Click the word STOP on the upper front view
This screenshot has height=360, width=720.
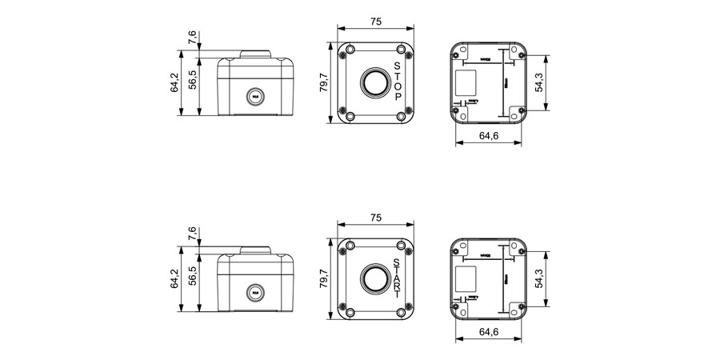[x=398, y=81]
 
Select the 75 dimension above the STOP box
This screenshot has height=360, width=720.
[x=376, y=22]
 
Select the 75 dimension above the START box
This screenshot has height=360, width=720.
[x=376, y=218]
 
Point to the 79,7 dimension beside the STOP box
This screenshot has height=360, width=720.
[x=324, y=82]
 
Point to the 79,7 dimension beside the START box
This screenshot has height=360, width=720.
[x=324, y=278]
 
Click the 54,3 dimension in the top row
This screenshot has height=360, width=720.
[x=540, y=82]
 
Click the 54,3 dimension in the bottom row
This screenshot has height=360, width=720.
[x=540, y=278]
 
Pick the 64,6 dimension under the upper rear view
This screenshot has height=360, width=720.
[x=489, y=136]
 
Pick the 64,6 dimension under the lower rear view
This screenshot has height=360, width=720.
[x=489, y=332]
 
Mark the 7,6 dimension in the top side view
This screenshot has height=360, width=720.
[x=192, y=38]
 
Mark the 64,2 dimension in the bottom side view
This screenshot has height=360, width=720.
[x=174, y=278]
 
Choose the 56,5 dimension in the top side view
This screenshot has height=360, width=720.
[x=192, y=83]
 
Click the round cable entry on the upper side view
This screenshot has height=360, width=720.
[x=255, y=96]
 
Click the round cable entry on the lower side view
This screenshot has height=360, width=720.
[x=255, y=293]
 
